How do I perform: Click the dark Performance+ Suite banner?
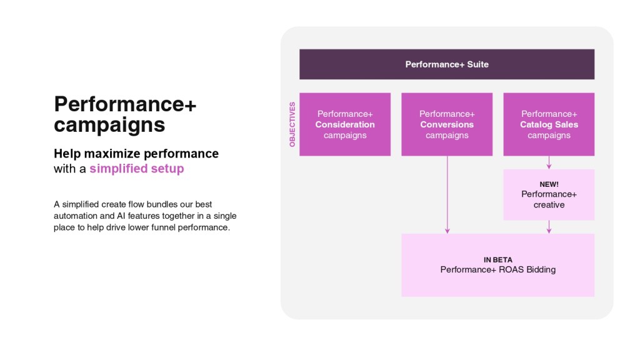(447, 64)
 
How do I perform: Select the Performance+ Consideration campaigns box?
(345, 124)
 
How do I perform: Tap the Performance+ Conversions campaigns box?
(447, 124)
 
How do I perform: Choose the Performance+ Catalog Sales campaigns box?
(549, 124)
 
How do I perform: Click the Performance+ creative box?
(549, 195)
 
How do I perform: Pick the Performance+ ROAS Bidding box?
(498, 265)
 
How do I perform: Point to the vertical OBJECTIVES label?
(292, 124)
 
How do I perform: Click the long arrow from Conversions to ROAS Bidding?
(447, 195)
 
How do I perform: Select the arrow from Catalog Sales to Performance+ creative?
(549, 162)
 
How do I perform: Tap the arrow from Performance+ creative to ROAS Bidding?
(549, 227)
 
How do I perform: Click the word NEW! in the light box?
(549, 184)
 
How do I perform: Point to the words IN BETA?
(498, 259)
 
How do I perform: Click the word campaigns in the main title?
(109, 125)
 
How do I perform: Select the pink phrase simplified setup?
(137, 168)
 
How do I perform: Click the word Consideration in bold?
(345, 124)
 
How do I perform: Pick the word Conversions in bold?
(447, 124)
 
